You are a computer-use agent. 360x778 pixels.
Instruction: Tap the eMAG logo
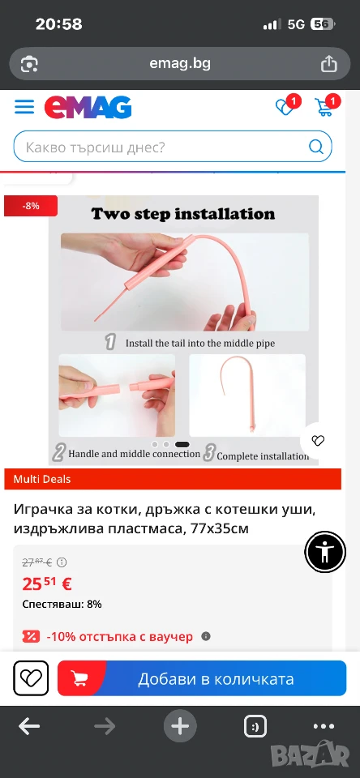pos(88,107)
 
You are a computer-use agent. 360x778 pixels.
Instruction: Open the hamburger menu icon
pos(24,107)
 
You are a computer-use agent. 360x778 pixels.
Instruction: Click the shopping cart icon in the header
pos(324,107)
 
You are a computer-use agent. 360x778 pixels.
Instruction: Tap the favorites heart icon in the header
pos(285,107)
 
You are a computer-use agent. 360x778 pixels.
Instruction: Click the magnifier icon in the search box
pos(315,147)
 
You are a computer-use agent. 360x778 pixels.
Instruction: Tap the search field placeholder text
pos(95,147)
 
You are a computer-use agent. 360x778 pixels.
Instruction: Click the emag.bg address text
pos(180,63)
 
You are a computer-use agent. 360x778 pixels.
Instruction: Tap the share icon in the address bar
pos(328,63)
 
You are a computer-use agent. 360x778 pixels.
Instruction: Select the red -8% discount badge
pos(31,206)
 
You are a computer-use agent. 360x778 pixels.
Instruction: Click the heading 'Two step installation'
pos(182,214)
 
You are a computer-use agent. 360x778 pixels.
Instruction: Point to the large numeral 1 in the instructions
pos(111,342)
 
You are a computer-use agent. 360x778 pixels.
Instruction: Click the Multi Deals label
pos(42,479)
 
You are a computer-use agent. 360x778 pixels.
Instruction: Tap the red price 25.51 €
pos(47,584)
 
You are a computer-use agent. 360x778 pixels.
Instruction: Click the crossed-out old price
pos(37,562)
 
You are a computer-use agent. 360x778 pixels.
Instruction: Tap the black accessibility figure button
pos(325,552)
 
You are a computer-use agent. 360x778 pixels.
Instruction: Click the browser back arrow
pos(29,727)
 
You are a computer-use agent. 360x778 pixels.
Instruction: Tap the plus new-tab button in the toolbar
pos(180,727)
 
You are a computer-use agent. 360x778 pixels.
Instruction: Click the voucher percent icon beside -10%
pos(30,637)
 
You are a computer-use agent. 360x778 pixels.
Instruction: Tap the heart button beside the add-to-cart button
pos(31,678)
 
